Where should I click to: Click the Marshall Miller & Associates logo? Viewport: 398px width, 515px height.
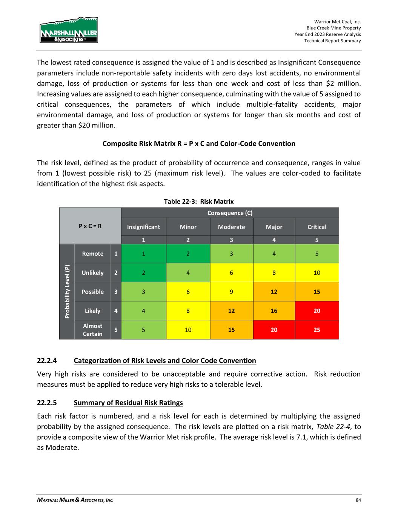click(x=69, y=30)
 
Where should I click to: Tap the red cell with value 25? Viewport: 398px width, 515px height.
click(x=317, y=330)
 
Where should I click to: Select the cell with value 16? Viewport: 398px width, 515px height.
click(x=274, y=311)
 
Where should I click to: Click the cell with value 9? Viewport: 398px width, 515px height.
click(x=231, y=292)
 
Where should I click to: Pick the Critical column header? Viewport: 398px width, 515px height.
click(x=317, y=227)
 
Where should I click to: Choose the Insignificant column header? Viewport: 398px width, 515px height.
click(x=143, y=227)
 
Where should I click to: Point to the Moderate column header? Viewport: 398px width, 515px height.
click(x=231, y=227)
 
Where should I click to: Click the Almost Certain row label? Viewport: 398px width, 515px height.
click(x=92, y=330)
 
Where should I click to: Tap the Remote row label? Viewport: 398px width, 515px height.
click(x=92, y=254)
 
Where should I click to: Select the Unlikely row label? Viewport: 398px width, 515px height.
click(x=92, y=272)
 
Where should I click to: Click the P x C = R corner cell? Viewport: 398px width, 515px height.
click(x=90, y=226)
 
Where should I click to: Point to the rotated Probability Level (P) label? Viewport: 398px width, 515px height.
click(x=67, y=292)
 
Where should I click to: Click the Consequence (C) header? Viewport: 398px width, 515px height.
click(x=230, y=213)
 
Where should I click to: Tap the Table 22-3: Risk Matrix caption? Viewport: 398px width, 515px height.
click(x=199, y=201)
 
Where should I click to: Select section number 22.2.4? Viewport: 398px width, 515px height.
click(x=47, y=360)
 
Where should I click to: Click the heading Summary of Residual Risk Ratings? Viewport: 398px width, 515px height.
click(x=128, y=403)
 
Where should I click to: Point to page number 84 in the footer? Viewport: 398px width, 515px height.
click(x=358, y=500)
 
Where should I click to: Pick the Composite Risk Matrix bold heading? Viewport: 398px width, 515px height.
click(x=199, y=143)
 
